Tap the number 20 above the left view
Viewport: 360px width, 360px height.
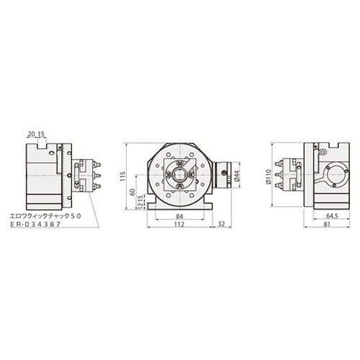(31, 133)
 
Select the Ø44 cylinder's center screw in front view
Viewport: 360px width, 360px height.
(226, 175)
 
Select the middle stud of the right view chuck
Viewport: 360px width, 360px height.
(282, 176)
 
